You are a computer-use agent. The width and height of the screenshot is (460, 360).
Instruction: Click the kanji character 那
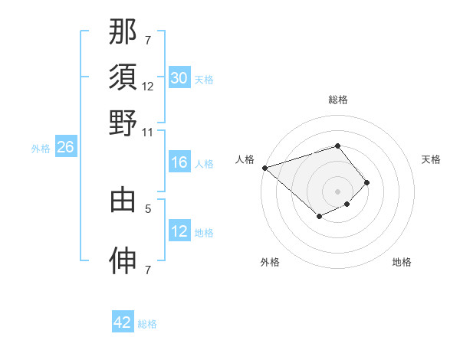coord(123,32)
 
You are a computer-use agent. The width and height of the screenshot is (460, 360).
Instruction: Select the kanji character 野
coord(123,122)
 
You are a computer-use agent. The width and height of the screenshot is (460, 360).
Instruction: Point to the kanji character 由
coord(123,200)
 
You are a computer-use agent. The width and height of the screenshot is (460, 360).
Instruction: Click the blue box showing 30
coord(179,78)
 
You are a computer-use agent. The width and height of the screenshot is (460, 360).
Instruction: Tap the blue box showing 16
coord(179,162)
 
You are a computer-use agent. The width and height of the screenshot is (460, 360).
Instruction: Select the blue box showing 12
coord(179,231)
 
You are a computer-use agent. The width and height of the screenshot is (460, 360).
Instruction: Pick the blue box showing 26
coord(65,148)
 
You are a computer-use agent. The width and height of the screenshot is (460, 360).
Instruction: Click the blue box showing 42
coord(123,322)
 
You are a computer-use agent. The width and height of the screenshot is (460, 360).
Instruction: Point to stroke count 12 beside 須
coord(148,87)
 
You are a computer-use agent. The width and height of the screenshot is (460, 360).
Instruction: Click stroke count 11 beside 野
coord(148,131)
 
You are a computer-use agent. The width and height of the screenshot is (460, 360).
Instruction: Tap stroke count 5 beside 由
coord(149,207)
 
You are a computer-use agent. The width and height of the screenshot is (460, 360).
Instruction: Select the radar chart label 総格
coord(337,100)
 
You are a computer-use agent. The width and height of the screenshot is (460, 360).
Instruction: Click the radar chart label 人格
coord(245,159)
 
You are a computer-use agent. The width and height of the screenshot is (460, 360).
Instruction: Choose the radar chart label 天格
coord(431,159)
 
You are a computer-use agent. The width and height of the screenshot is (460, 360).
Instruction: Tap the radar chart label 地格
coord(402,262)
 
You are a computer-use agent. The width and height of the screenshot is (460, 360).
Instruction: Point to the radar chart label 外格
coord(270,262)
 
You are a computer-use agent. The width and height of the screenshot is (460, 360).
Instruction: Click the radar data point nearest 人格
coord(264,168)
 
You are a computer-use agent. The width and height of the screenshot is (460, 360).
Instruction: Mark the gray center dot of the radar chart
coord(337,191)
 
